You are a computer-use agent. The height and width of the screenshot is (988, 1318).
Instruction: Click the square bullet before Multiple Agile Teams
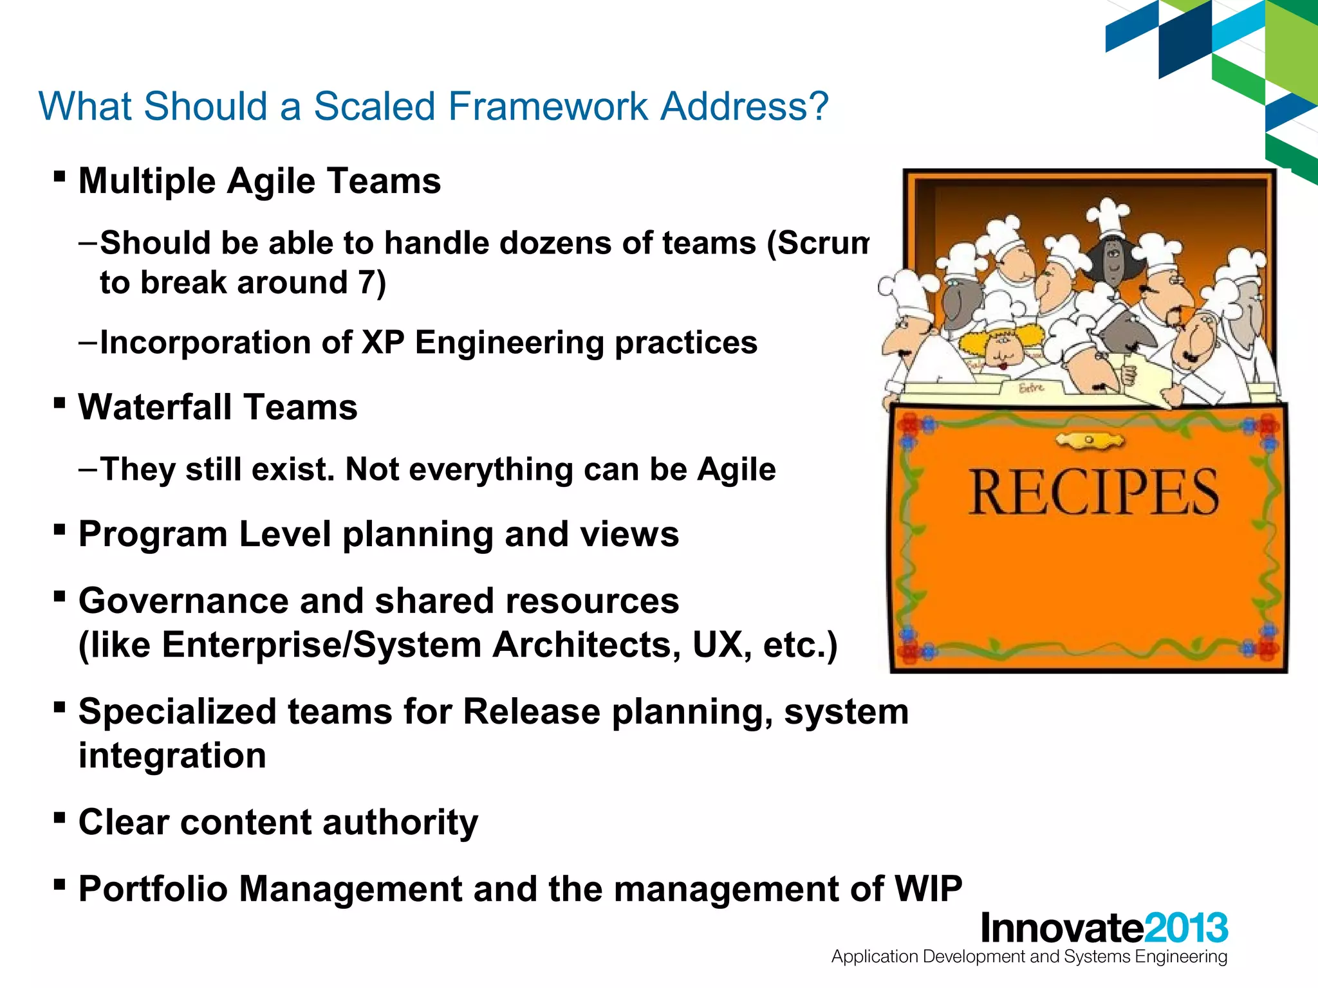[60, 176]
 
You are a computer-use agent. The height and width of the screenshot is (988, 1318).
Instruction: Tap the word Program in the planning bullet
[153, 535]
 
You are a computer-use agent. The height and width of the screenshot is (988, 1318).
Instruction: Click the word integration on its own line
[172, 756]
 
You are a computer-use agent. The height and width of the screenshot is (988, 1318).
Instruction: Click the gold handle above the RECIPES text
[1090, 441]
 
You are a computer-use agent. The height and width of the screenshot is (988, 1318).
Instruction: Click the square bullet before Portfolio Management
[60, 884]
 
